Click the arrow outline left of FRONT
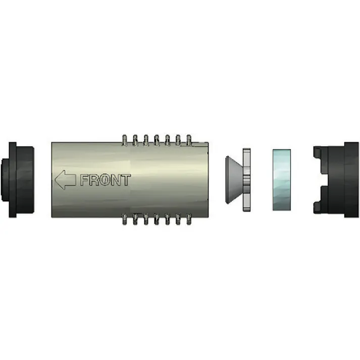pos(65,180)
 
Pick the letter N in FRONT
pos(115,180)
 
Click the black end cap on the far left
pos(20,180)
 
